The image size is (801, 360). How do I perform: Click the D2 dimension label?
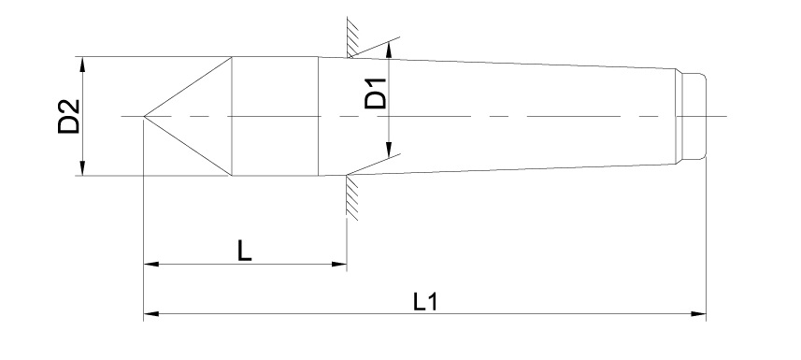69,117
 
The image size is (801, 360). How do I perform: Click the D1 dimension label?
376,94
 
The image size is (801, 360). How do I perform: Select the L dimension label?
245,251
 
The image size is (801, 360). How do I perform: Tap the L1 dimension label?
425,302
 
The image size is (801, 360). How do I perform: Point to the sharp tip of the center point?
144,117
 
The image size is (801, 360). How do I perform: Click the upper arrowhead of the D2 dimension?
82,64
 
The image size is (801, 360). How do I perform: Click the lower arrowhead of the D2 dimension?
82,168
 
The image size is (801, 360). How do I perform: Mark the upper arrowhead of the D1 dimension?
389,50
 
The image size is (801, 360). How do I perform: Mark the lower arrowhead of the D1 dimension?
389,151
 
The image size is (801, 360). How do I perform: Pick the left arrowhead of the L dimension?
151,265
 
